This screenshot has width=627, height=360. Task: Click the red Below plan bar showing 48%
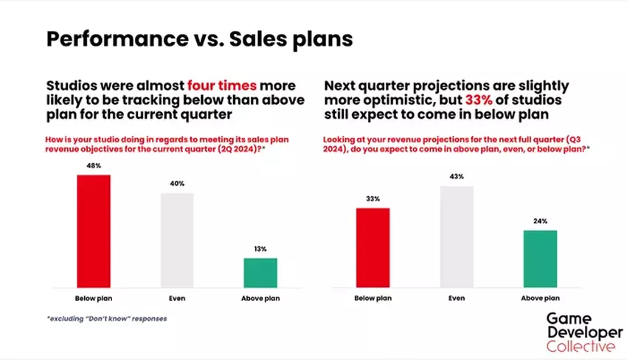(x=94, y=231)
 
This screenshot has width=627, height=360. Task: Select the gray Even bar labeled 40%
(x=177, y=240)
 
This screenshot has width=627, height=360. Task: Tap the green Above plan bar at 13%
(x=260, y=273)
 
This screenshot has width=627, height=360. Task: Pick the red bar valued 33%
(x=373, y=248)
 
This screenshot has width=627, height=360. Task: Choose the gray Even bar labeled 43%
(x=457, y=236)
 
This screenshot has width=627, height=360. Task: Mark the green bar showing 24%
(x=540, y=259)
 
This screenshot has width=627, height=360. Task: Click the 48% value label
(x=94, y=165)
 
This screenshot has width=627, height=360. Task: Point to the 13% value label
(x=260, y=249)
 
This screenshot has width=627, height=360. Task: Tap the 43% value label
(x=457, y=176)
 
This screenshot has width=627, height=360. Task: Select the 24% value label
(x=540, y=221)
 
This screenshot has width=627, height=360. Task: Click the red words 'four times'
(x=222, y=86)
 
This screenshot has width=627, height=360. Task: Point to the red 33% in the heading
(x=479, y=100)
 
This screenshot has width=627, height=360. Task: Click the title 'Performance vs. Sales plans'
(x=200, y=39)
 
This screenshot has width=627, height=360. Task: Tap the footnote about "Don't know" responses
(x=107, y=319)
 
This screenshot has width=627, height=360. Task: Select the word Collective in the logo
(x=581, y=346)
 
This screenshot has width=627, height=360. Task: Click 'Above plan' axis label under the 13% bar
(x=260, y=298)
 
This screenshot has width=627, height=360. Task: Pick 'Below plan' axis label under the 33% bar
(x=373, y=298)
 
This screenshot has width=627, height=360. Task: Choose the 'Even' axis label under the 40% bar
(x=177, y=298)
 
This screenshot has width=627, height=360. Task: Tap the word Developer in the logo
(x=585, y=333)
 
